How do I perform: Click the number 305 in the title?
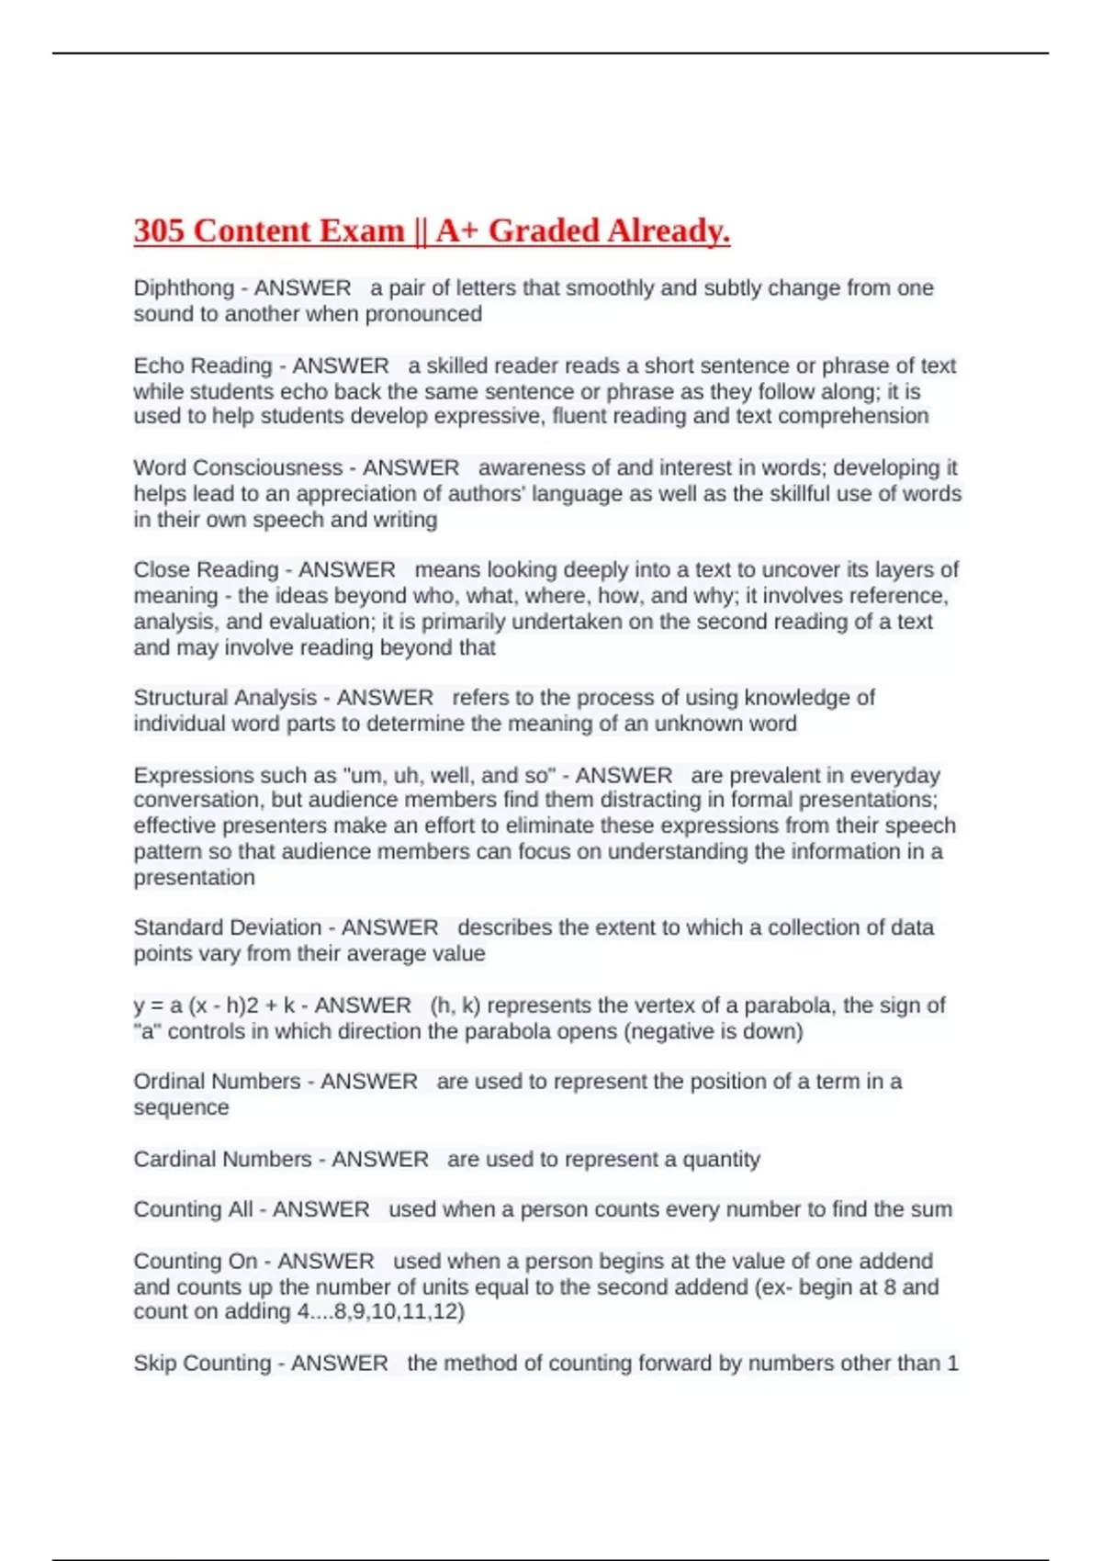(x=160, y=230)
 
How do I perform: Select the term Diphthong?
(x=184, y=288)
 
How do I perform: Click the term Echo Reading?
(x=203, y=366)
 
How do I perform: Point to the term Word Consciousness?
(x=238, y=468)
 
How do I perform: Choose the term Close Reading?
(x=206, y=570)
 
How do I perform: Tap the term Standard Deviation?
(x=228, y=928)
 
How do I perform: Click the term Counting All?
(x=193, y=1209)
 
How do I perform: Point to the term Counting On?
(x=195, y=1262)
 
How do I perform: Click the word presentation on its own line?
(x=195, y=878)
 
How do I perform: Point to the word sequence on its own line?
(x=181, y=1107)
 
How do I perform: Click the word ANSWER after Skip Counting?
(x=339, y=1364)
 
